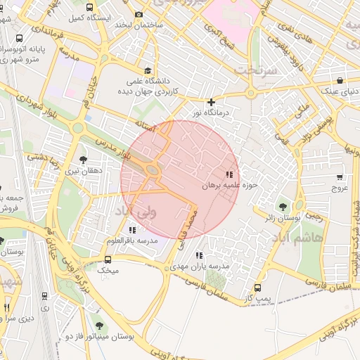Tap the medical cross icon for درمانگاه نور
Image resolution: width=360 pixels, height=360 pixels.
[x=211, y=102]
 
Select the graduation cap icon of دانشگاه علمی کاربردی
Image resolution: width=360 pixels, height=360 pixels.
[x=148, y=70]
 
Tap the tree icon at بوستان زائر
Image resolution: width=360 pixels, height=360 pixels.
[x=283, y=207]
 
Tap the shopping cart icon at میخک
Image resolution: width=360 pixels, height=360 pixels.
[x=107, y=259]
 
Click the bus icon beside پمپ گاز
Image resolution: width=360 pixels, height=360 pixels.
[x=257, y=288]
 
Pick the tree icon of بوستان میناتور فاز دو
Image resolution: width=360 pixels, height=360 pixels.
[x=98, y=326]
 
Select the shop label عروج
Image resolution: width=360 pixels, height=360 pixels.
[x=340, y=188]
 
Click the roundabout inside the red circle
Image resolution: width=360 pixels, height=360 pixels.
[x=153, y=169]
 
